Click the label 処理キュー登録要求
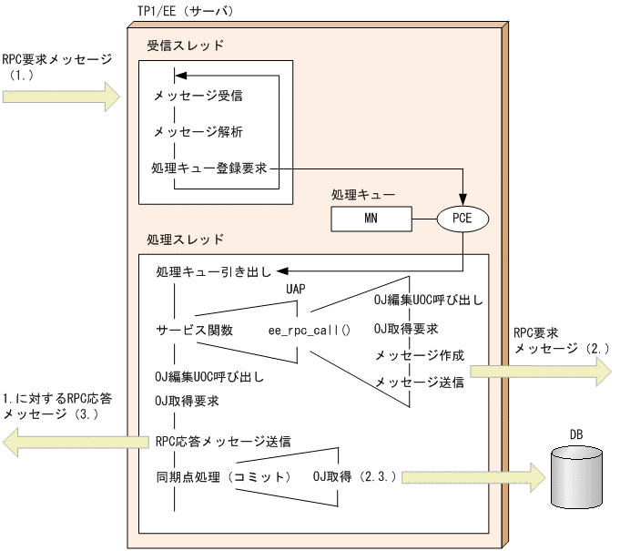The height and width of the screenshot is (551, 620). point(210,168)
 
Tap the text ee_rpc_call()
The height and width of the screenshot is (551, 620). point(309,330)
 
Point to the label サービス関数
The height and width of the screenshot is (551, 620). point(194,330)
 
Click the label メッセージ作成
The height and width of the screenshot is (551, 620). point(419,355)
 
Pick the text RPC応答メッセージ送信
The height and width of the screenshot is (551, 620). point(223,442)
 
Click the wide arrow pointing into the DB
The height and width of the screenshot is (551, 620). point(473,476)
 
